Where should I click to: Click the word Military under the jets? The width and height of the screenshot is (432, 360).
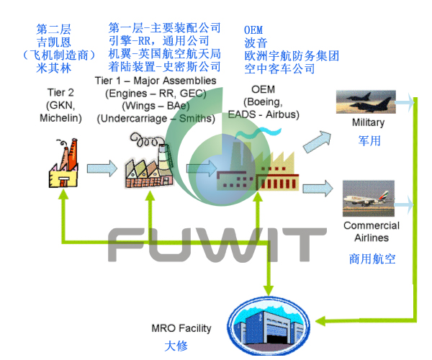pos(368,123)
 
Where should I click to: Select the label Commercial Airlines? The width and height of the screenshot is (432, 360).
pos(372,232)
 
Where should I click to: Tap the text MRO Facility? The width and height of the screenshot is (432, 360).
pos(181,328)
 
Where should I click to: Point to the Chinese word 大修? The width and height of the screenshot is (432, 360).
pos(176,346)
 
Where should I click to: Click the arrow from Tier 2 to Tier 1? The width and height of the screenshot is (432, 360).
pos(101,168)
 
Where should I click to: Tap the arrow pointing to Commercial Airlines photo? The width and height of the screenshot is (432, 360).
pos(318,189)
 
